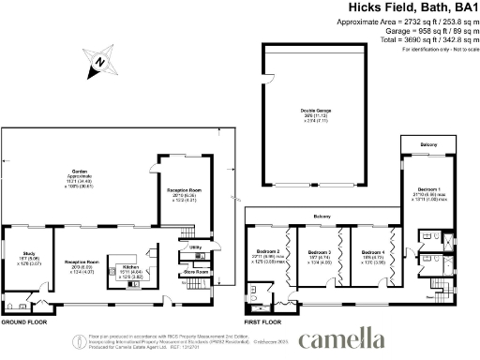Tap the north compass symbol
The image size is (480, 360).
click(x=100, y=64)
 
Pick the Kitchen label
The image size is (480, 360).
click(x=129, y=268)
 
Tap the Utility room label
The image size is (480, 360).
click(x=197, y=248)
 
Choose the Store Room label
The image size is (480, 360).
click(x=196, y=273)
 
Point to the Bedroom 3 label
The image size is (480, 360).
click(x=321, y=251)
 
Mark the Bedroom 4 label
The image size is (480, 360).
click(x=373, y=251)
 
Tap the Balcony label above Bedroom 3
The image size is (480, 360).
click(x=322, y=216)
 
